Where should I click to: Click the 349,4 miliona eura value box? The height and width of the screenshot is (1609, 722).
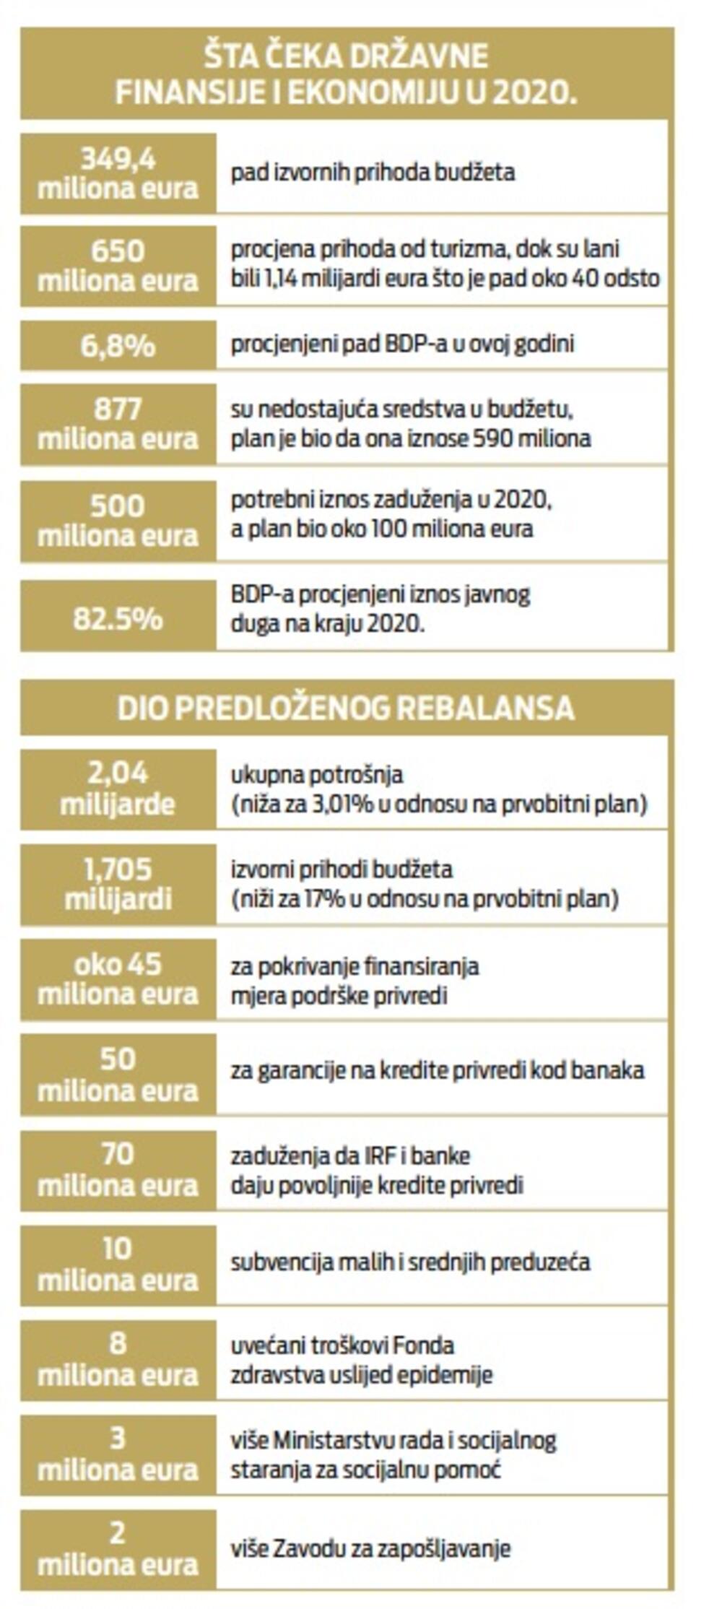118,173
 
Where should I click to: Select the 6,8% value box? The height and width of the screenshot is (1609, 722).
118,345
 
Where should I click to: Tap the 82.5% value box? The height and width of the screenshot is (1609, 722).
118,619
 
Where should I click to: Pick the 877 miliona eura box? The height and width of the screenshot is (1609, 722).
118,424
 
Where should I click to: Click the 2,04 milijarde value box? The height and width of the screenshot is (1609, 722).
118,789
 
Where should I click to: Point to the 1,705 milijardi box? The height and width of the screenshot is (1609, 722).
118,884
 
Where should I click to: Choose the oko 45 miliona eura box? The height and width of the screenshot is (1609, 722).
118,979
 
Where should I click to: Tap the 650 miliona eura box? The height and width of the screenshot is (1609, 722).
118,266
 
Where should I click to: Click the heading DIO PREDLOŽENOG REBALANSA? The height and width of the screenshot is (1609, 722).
346,708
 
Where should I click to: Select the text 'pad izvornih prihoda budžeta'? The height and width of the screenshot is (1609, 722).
373,173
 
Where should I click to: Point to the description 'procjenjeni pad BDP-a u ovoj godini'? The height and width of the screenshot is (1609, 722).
402,344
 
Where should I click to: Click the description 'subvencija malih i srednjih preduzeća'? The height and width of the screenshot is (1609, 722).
410,1262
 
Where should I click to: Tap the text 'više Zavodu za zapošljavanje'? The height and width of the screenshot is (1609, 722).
370,1548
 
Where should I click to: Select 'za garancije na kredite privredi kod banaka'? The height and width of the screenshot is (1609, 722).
437,1070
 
